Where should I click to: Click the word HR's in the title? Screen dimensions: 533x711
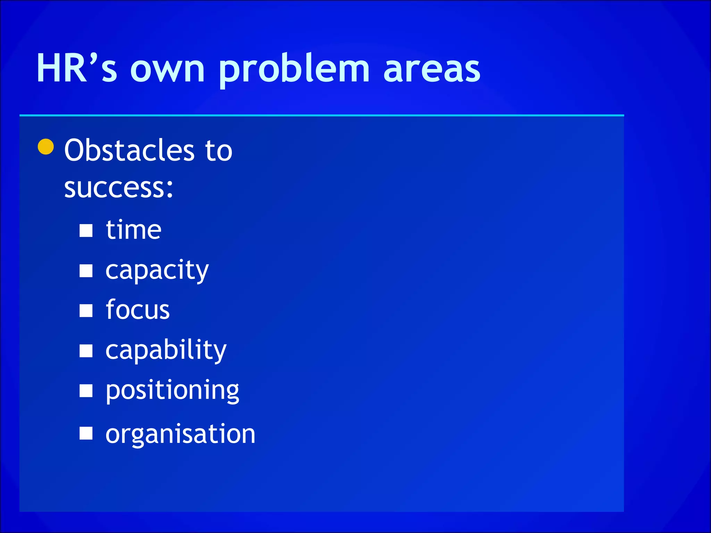click(x=77, y=68)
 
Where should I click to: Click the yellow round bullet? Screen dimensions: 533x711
click(x=46, y=146)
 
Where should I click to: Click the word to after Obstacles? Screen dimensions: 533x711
click(x=219, y=151)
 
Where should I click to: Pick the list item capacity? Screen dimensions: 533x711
click(x=157, y=271)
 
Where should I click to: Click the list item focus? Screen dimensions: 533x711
click(x=137, y=310)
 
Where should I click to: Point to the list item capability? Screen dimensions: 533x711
click(x=166, y=350)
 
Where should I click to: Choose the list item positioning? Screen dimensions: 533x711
click(x=172, y=390)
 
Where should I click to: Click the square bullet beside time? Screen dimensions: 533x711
click(x=86, y=230)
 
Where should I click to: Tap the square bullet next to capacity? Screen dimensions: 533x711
click(x=86, y=271)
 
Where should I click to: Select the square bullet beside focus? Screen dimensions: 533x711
click(x=86, y=311)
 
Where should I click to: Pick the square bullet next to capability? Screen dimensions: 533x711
click(x=86, y=351)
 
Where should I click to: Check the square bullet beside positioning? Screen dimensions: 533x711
click(x=86, y=391)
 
